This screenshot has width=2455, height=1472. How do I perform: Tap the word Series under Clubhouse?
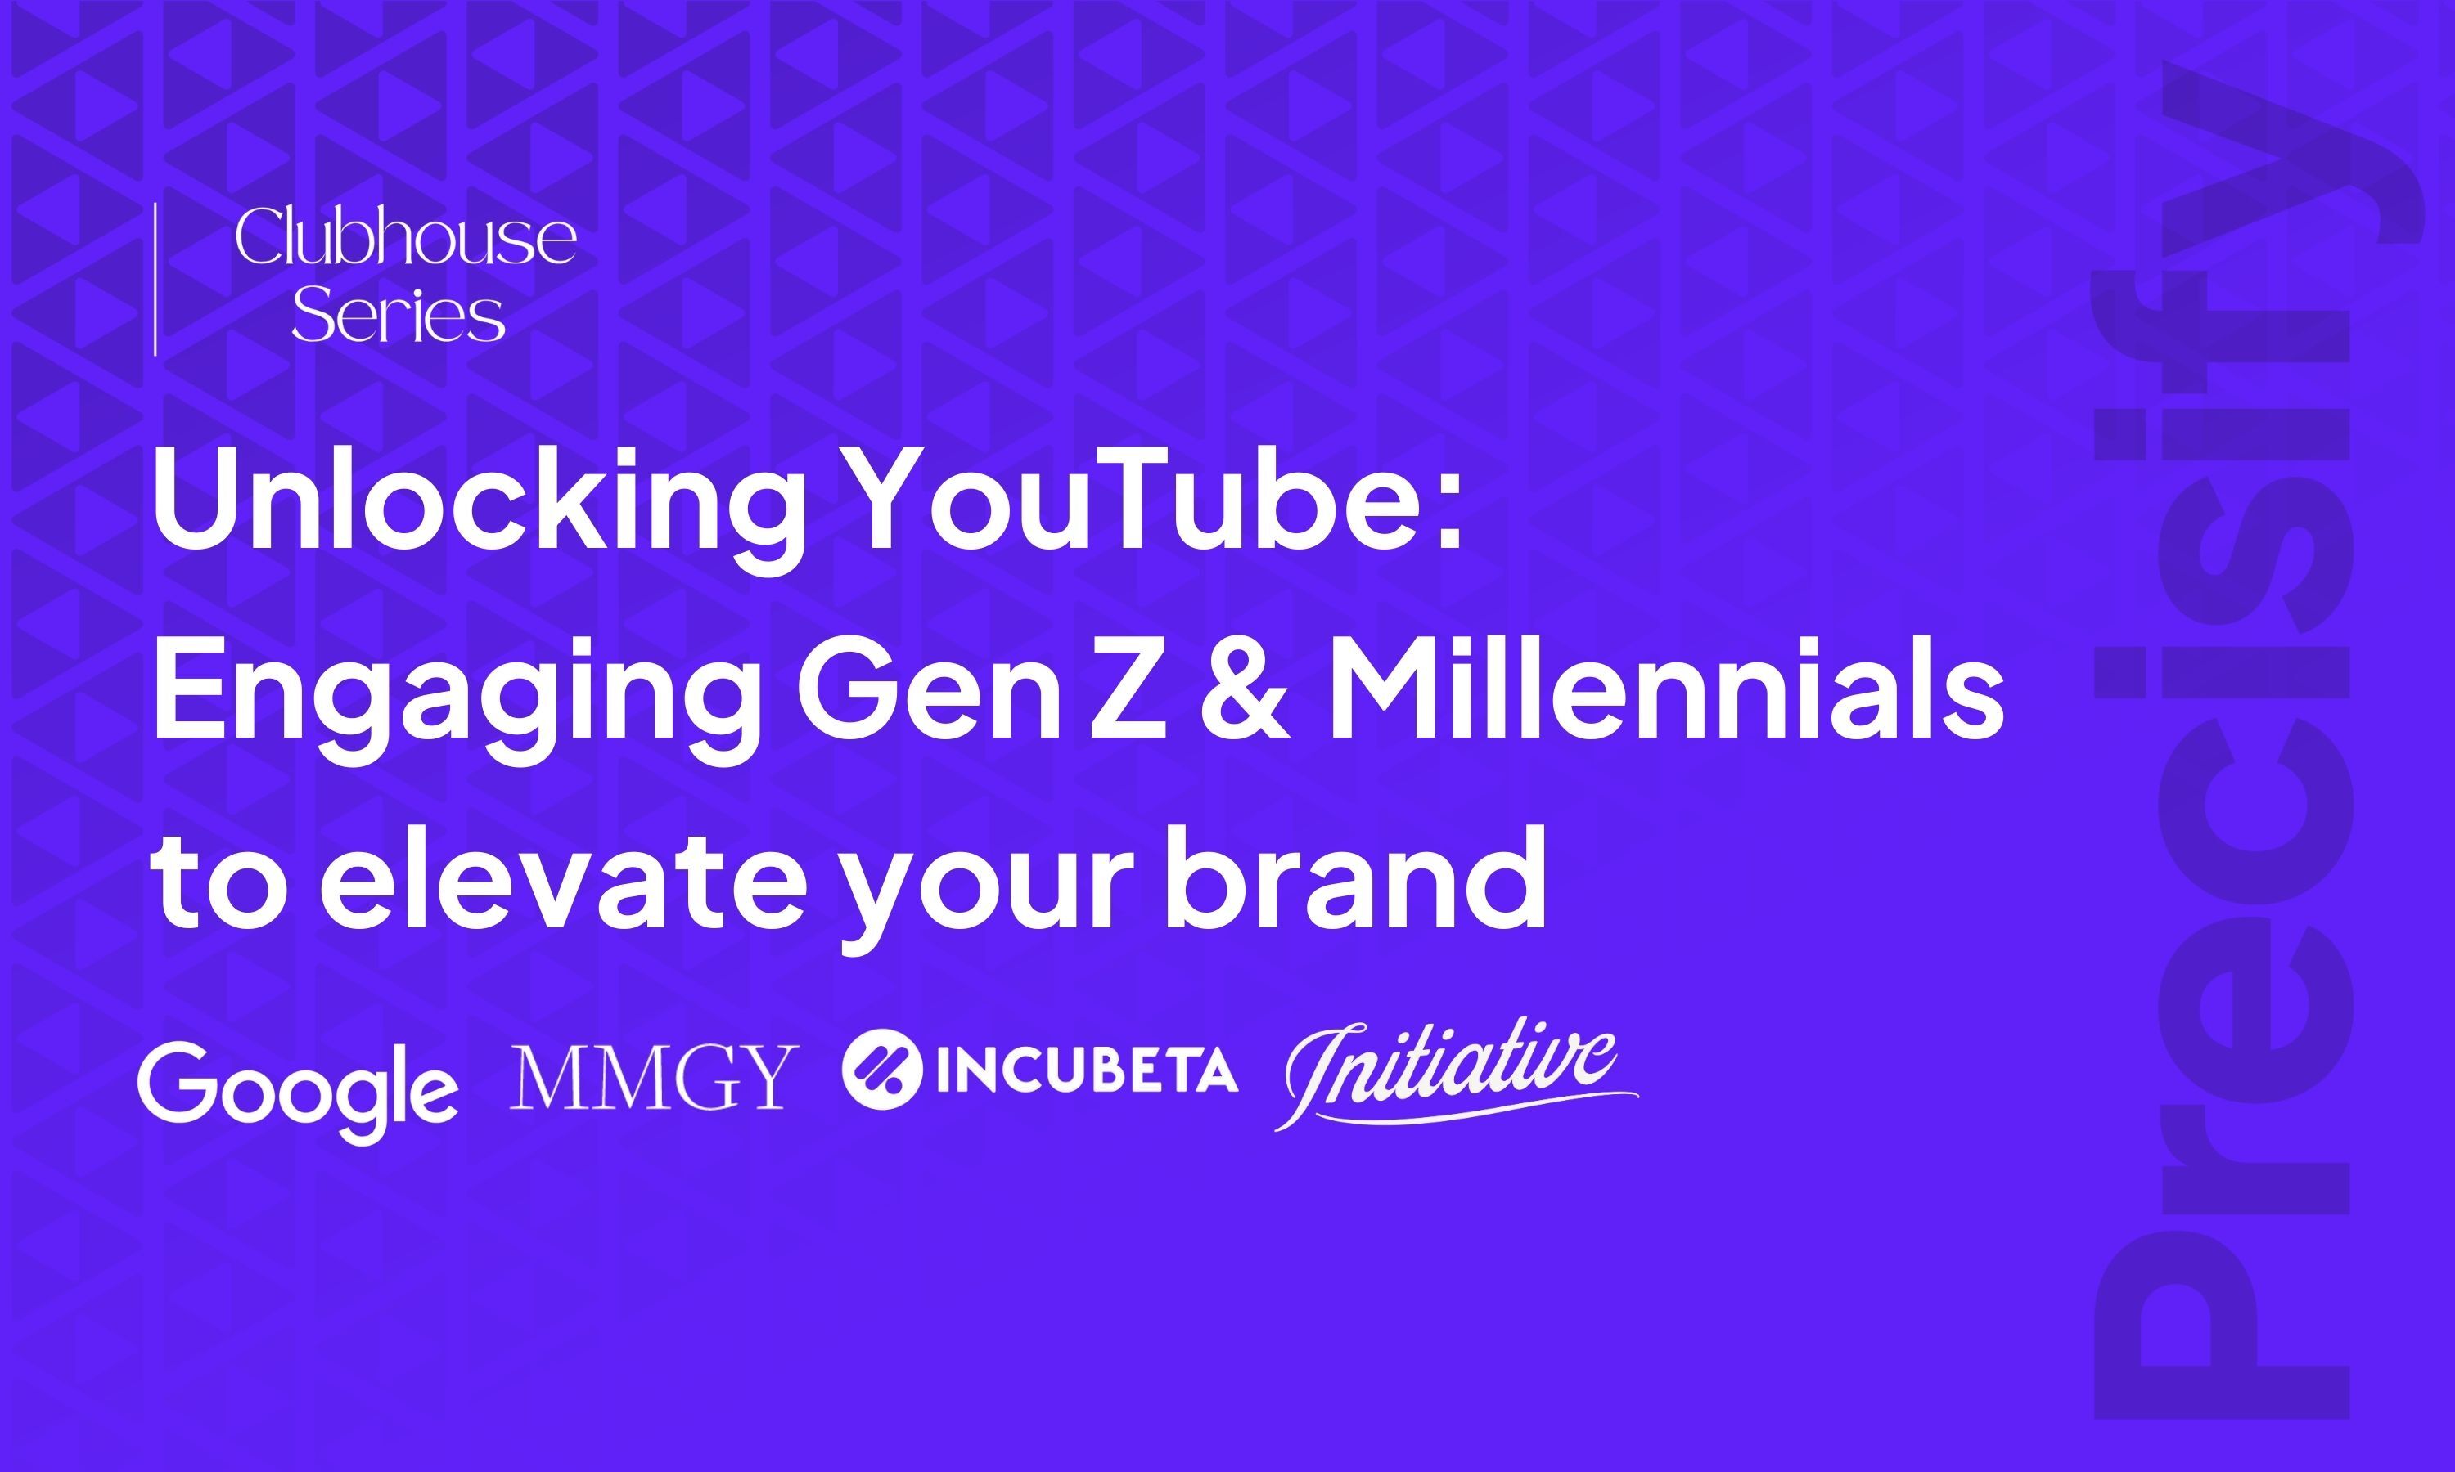[398, 315]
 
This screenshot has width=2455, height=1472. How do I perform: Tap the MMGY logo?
[653, 1076]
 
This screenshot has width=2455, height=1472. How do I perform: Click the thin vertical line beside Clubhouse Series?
[155, 279]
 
